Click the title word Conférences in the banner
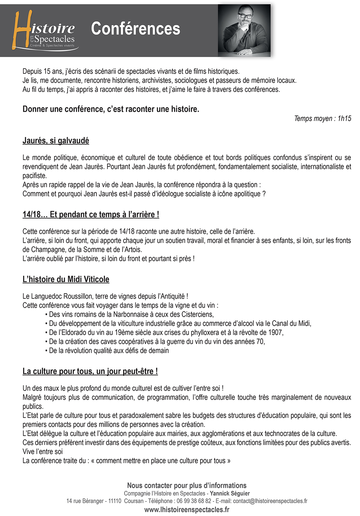(x=135, y=29)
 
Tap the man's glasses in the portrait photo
(x=246, y=16)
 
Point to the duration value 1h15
(x=344, y=119)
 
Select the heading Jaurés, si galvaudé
(x=56, y=141)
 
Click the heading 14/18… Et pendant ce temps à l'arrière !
(x=91, y=214)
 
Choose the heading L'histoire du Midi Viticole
(x=66, y=279)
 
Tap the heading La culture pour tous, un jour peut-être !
(x=90, y=371)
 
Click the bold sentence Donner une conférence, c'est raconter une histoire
(x=111, y=109)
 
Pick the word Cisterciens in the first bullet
(x=197, y=314)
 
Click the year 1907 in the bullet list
(x=275, y=332)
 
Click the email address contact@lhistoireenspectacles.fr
(x=270, y=501)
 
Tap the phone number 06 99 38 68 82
(x=194, y=501)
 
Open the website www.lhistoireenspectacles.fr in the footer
(x=187, y=510)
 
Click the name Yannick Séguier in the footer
(x=230, y=493)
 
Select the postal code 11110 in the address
(x=115, y=501)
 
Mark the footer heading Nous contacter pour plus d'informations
(x=187, y=485)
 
